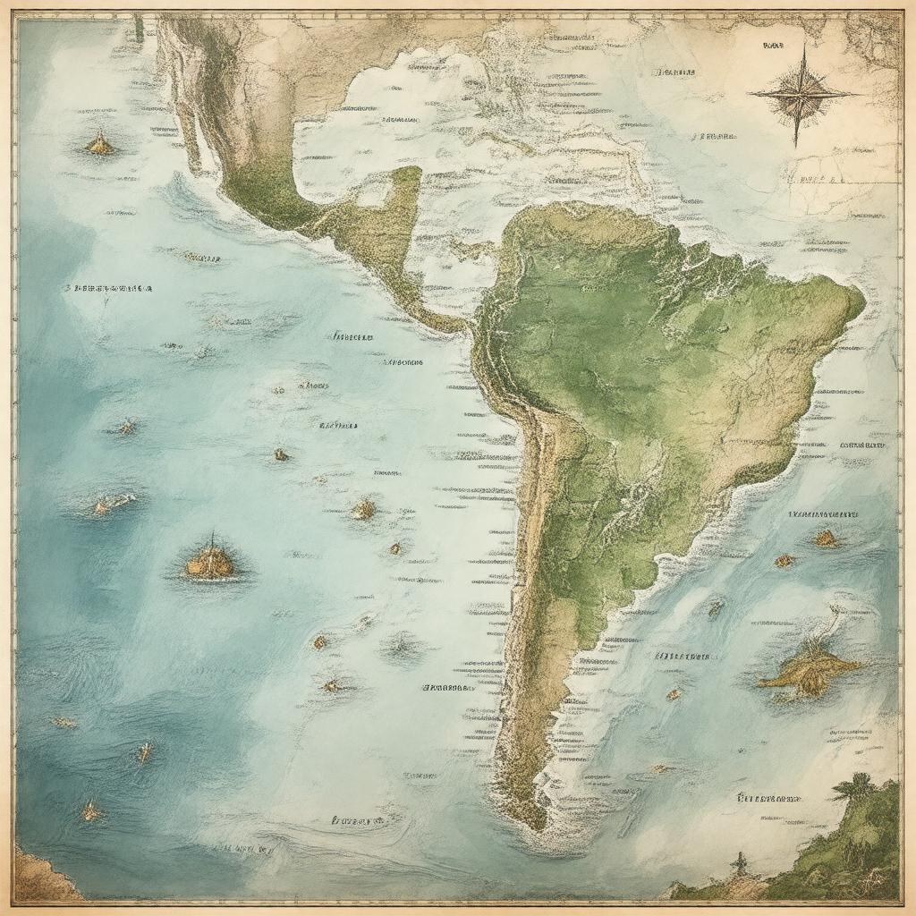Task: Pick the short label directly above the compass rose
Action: (770, 43)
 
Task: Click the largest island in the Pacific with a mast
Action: (211, 561)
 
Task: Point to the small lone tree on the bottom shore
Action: (739, 863)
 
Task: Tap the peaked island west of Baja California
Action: (99, 143)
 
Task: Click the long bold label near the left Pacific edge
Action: (107, 289)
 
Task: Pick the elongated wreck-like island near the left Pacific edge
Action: (112, 504)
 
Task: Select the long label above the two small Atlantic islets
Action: (824, 515)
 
